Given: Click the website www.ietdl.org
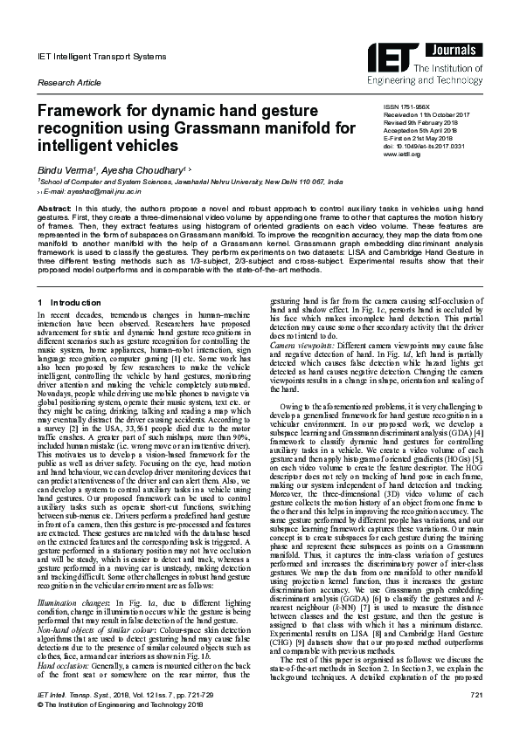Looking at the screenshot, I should pos(401,160).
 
